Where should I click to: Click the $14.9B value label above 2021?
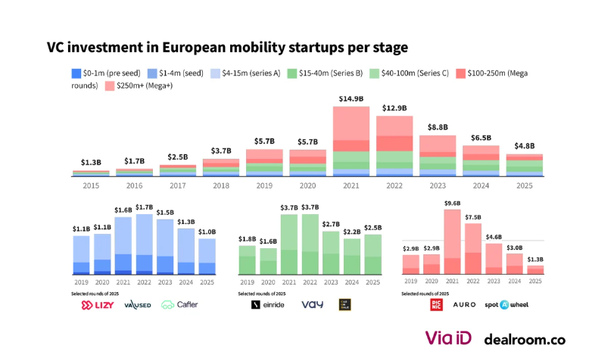pos(351,99)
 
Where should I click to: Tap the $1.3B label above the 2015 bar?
pos(91,163)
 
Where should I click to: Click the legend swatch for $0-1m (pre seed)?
pos(76,73)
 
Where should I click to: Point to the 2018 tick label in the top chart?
pos(220,185)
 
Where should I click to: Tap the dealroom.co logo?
pos(525,340)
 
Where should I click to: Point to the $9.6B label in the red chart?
pos(453,203)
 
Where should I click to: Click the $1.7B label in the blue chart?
pos(144,207)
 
